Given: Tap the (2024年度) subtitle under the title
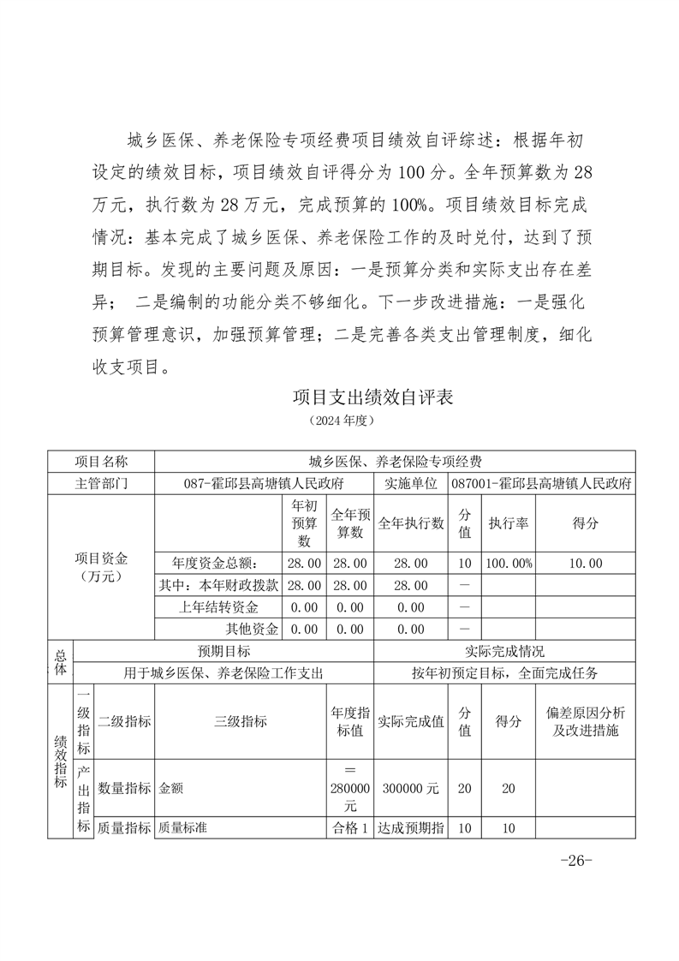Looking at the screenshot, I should pos(341,421).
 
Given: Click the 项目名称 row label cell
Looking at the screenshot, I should pos(101,462).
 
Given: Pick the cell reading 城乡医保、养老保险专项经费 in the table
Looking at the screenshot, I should pos(395,462).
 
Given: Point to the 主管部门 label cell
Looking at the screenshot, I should pos(101,483).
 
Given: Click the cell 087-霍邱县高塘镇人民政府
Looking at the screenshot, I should pos(264,483).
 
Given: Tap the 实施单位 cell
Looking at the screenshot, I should pos(411,483).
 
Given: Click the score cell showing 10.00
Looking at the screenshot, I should pos(586,563).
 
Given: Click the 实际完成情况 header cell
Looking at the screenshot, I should pos(504,651).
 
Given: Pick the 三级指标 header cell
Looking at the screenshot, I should pos(240,721).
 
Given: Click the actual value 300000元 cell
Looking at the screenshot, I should pos(411,788).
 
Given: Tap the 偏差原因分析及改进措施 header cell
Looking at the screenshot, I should pos(586,721).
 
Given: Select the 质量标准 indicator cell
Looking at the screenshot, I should pos(184,828).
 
